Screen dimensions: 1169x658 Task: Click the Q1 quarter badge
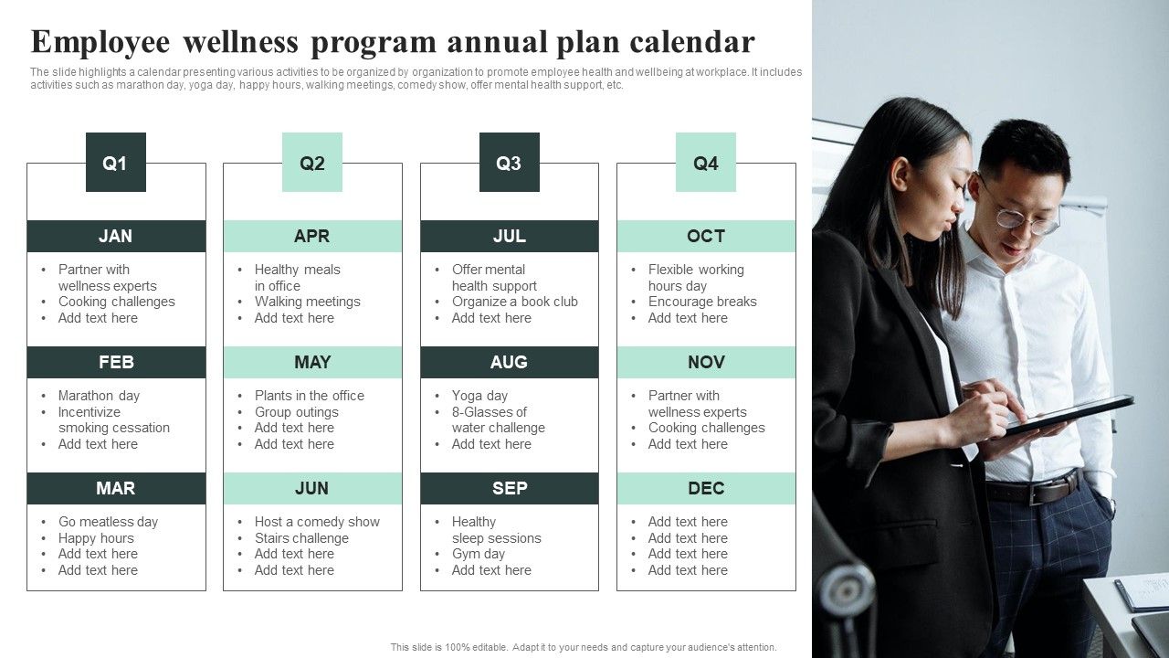coord(116,162)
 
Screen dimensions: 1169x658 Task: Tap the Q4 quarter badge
coord(706,162)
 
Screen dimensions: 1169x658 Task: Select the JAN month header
coord(116,236)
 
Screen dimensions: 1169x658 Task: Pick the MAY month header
coord(312,362)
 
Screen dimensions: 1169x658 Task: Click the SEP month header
coord(510,488)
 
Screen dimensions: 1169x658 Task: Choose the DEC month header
coord(706,488)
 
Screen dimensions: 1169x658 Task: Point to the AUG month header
coord(510,362)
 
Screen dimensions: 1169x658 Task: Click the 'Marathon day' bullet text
coord(100,396)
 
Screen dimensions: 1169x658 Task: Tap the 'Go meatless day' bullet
coord(108,522)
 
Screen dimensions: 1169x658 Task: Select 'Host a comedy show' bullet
coord(317,522)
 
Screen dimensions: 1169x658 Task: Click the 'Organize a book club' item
coord(515,302)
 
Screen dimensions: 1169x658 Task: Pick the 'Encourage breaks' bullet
coord(702,302)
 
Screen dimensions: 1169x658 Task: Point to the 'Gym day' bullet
coord(479,554)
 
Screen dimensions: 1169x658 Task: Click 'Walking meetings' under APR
coord(308,302)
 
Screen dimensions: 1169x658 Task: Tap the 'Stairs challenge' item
coord(301,538)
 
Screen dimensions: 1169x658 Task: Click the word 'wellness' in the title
coord(241,42)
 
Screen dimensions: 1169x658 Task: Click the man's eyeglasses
coord(1020,213)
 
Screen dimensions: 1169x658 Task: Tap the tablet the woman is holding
coord(1068,415)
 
